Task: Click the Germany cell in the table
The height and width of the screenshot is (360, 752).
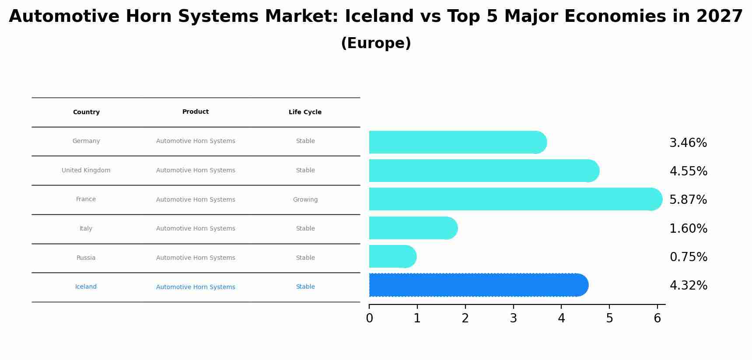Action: [86, 141]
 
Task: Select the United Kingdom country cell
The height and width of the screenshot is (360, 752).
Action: [86, 170]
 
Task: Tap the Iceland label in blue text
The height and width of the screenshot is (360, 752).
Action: [86, 287]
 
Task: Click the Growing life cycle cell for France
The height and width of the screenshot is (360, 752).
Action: [305, 199]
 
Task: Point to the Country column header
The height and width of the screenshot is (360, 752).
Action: [86, 112]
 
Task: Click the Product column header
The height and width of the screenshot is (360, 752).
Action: [196, 112]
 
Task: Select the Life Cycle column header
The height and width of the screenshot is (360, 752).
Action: [305, 112]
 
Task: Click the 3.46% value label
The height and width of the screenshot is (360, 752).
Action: [688, 143]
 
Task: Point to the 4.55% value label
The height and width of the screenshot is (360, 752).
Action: [688, 171]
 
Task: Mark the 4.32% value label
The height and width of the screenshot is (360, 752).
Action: [688, 285]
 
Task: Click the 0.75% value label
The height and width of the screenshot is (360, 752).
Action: [688, 257]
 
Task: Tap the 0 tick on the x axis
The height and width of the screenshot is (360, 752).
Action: [369, 318]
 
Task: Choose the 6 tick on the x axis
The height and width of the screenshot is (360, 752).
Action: [657, 318]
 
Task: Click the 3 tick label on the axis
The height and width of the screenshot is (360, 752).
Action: [513, 318]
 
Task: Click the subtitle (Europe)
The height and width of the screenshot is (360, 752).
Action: [376, 43]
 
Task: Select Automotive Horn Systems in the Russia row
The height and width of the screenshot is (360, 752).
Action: [196, 258]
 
